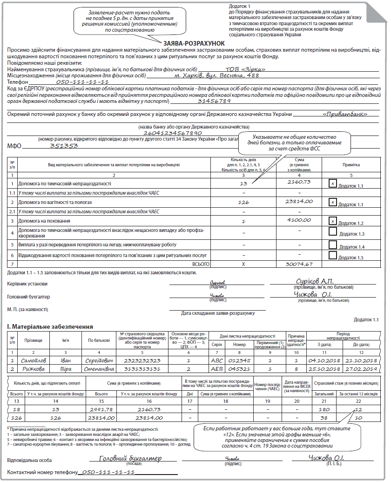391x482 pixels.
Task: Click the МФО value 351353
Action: coord(64,145)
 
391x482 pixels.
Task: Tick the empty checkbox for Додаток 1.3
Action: coord(332,231)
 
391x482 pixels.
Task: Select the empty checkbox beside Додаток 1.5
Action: coord(332,255)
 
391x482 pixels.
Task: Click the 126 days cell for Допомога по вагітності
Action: coord(243,202)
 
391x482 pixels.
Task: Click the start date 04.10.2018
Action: coord(323,361)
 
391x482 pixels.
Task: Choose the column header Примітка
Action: coord(351,164)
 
